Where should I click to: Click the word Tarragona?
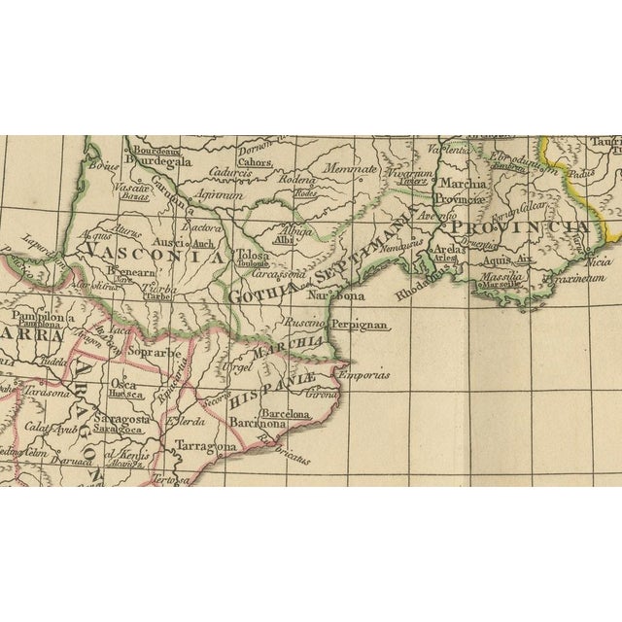pyautogui.click(x=206, y=446)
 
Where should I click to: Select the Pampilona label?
pyautogui.click(x=37, y=318)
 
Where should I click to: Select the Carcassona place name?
pyautogui.click(x=269, y=274)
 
